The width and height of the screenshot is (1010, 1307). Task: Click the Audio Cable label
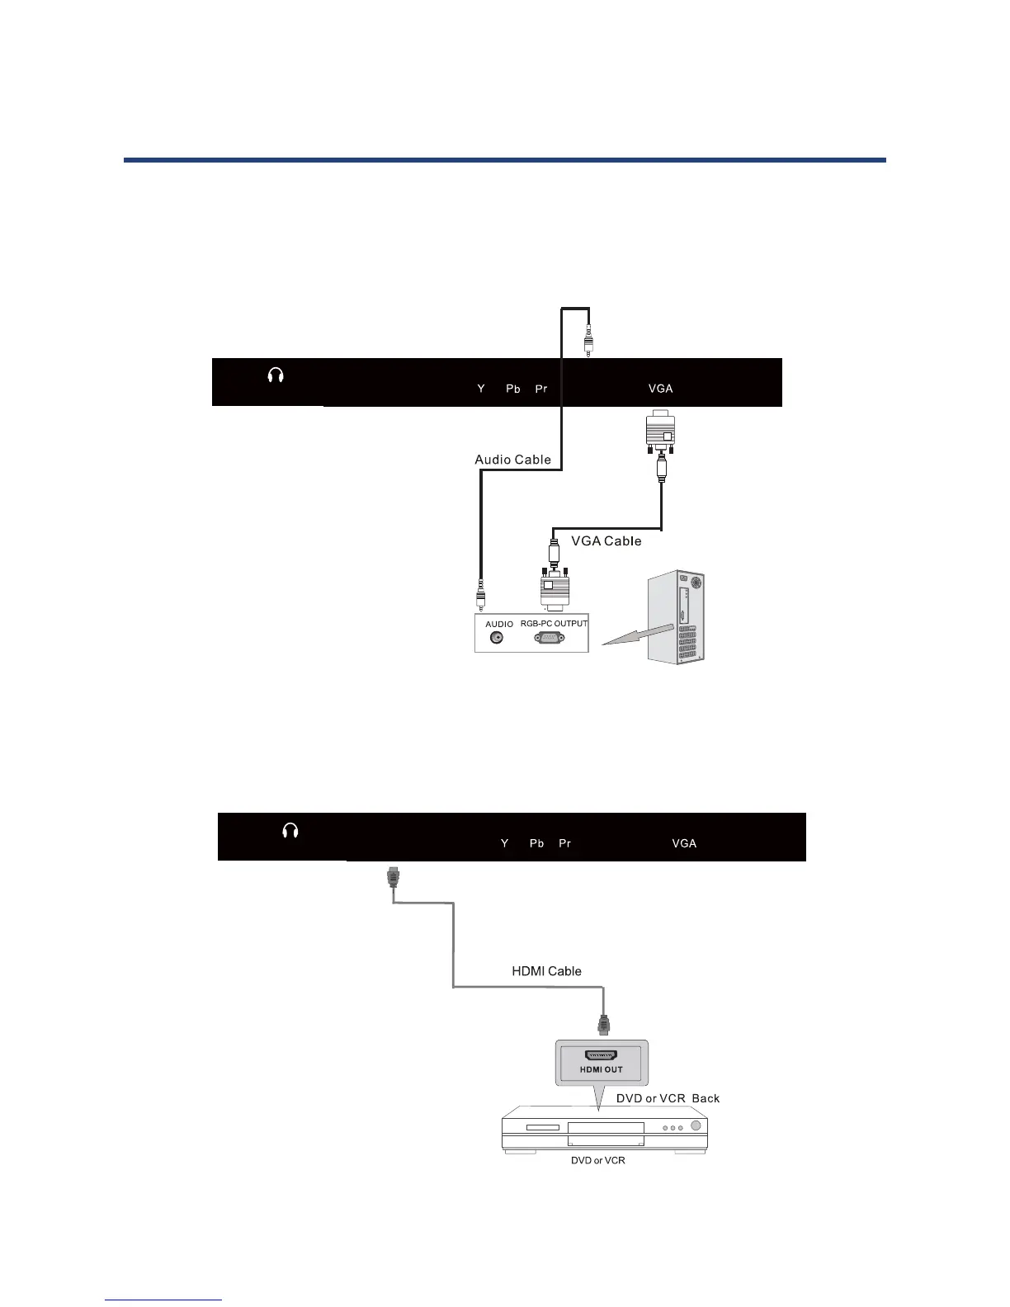[x=512, y=460]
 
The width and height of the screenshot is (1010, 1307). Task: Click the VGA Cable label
[x=606, y=541]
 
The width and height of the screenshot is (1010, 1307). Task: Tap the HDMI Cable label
[x=546, y=971]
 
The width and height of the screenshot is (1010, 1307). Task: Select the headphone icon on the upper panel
[x=276, y=376]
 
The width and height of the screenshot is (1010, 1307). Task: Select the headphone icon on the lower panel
[x=290, y=831]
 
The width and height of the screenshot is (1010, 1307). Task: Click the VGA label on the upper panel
[x=660, y=389]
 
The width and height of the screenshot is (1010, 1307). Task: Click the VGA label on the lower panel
[x=684, y=843]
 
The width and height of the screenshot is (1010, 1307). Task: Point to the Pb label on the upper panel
[x=512, y=389]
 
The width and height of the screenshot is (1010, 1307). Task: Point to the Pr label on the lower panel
[x=564, y=843]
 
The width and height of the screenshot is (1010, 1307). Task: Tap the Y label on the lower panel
[x=504, y=843]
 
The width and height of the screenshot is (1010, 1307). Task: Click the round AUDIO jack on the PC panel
[x=496, y=637]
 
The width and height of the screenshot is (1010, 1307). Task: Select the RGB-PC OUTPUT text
[x=554, y=624]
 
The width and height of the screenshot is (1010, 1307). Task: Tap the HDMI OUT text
[x=601, y=1069]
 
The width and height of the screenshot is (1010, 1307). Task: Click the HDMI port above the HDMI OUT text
[x=602, y=1055]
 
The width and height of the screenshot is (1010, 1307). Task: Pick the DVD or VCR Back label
[x=668, y=1098]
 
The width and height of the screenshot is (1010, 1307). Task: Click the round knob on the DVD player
[x=696, y=1127]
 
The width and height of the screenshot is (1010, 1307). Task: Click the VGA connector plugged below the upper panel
[x=660, y=432]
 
